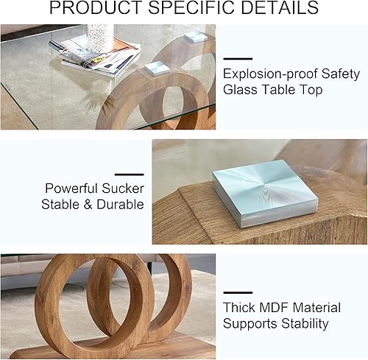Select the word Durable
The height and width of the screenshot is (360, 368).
pyautogui.click(x=118, y=205)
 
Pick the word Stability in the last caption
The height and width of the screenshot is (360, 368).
pyautogui.click(x=304, y=323)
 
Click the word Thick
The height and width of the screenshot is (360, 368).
pyautogui.click(x=240, y=307)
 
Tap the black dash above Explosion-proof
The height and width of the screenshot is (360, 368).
pyautogui.click(x=238, y=59)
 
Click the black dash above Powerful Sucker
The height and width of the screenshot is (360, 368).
pyautogui.click(x=130, y=174)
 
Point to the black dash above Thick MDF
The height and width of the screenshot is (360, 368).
pyautogui.click(x=238, y=292)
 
